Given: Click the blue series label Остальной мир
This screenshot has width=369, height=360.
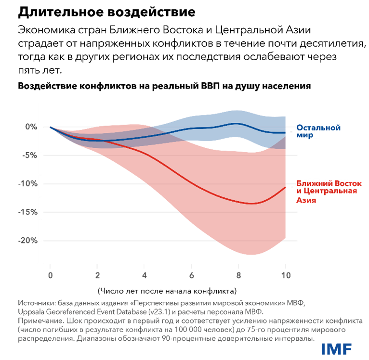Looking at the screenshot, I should click(318, 131).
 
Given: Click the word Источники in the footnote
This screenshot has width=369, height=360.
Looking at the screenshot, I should click(36, 303).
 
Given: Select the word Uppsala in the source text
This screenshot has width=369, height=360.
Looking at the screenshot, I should click(30, 311).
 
